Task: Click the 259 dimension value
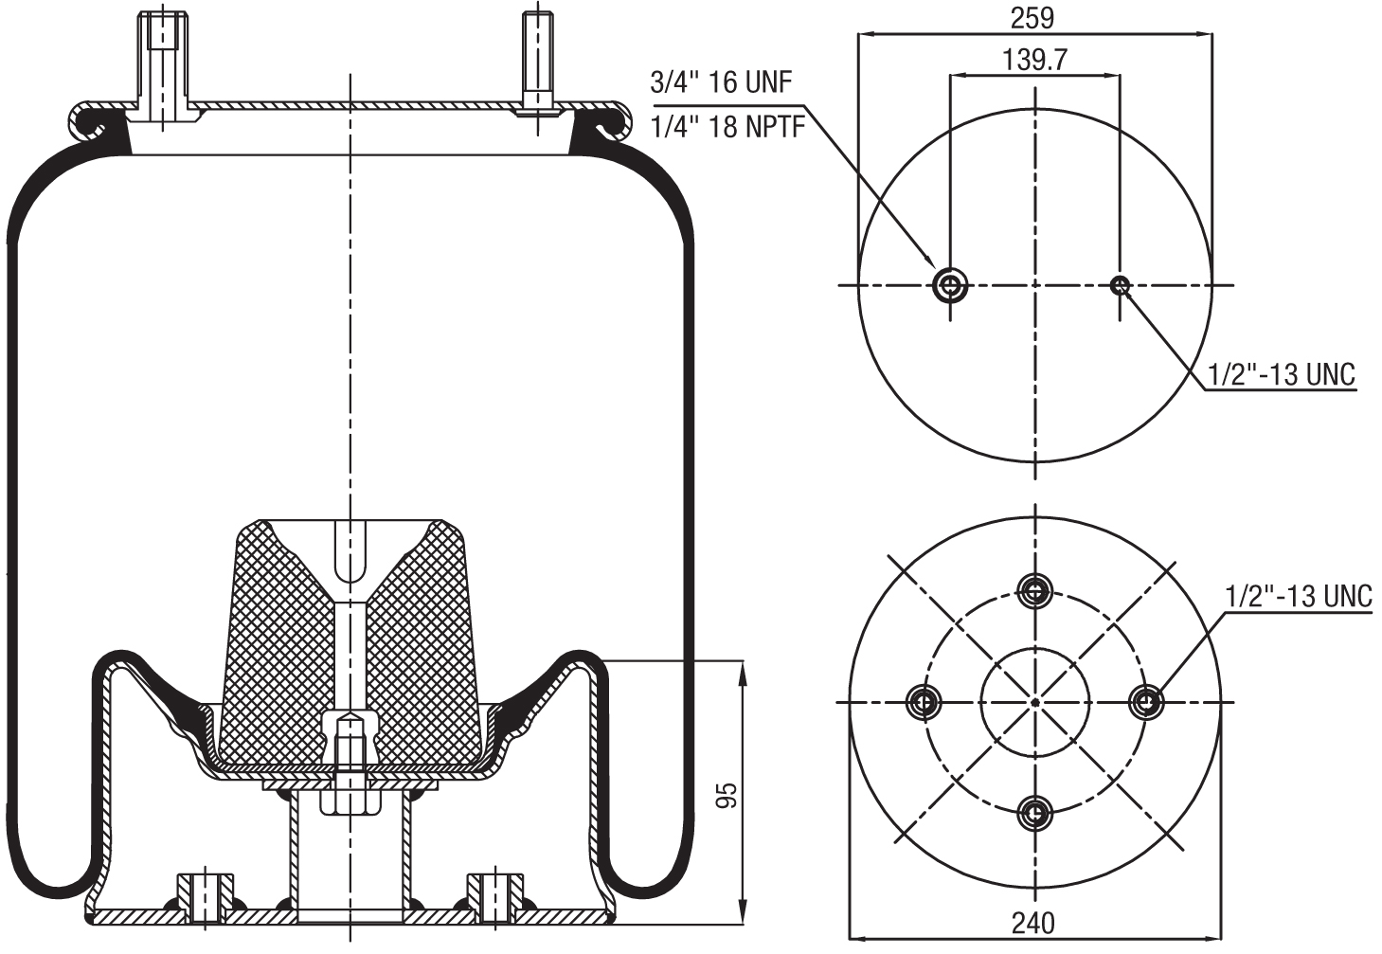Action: [x=1032, y=17]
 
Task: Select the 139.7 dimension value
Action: [x=1034, y=60]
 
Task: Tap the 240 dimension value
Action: [x=1032, y=923]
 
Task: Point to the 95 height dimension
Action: [x=727, y=795]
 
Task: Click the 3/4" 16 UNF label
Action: [x=721, y=81]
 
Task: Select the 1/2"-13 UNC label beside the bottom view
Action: [x=1298, y=596]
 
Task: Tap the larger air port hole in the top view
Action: [x=950, y=284]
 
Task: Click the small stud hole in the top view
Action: [x=1121, y=284]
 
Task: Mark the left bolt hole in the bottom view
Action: [x=924, y=702]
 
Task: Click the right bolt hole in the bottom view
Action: [x=1148, y=702]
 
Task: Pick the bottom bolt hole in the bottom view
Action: [x=1035, y=813]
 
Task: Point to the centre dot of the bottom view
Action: [x=1035, y=702]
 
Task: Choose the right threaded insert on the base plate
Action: [x=494, y=895]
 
